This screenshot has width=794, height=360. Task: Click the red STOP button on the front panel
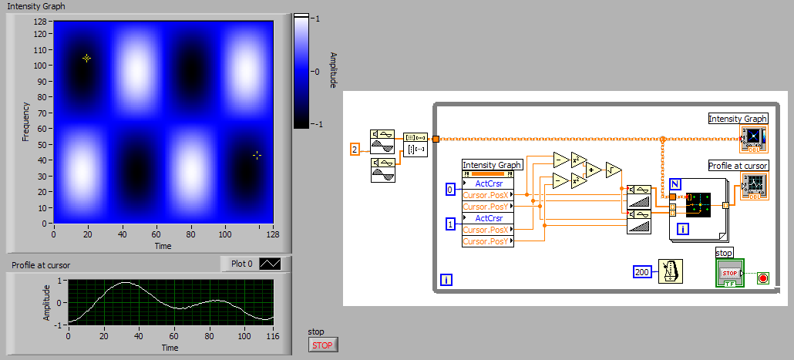point(323,345)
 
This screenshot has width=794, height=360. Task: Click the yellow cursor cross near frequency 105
point(87,58)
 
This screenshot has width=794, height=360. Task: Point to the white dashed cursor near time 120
point(257,155)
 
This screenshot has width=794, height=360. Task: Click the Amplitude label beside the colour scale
point(333,70)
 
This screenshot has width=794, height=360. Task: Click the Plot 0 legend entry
point(251,263)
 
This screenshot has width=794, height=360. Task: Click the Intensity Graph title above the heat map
point(36,6)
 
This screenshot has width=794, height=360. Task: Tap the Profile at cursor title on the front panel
point(41,265)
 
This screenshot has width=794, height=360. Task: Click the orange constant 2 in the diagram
point(355,149)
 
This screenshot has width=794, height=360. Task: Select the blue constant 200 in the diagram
point(642,271)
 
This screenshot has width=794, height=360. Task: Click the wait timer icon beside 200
point(670,271)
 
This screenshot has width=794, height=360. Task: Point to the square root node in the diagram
point(614,170)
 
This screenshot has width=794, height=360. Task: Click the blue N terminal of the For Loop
point(675,183)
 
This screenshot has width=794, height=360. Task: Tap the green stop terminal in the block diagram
point(728,274)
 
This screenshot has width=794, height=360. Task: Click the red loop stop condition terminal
point(763,278)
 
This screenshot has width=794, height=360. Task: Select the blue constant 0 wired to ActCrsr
point(451,189)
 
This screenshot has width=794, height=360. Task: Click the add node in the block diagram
point(594,170)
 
